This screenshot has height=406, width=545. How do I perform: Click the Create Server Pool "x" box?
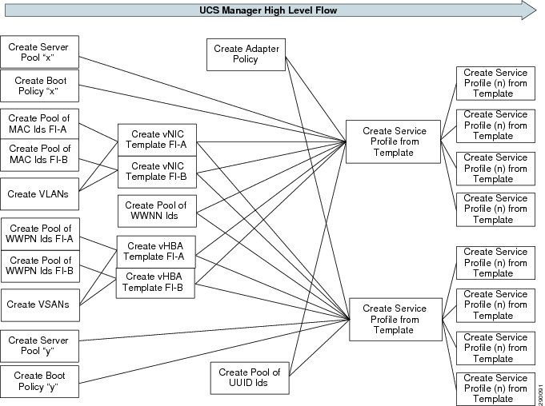[40, 52]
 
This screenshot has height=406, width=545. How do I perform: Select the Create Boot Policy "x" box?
[40, 86]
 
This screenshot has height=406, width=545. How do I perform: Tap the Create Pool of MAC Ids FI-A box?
[40, 124]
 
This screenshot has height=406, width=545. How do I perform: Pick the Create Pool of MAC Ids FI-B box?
[40, 155]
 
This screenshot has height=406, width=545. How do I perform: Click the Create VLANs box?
[40, 194]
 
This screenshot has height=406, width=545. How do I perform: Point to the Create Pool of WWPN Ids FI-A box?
[40, 234]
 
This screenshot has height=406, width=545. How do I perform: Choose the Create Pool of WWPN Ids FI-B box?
[40, 266]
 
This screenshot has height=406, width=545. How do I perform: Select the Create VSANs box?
[40, 305]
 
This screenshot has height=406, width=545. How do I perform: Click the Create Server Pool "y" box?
[40, 346]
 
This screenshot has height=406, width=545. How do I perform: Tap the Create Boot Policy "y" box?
[40, 381]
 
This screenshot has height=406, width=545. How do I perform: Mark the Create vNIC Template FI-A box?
[157, 140]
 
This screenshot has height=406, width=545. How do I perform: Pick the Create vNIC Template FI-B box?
[157, 172]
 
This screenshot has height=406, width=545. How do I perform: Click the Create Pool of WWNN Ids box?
[157, 211]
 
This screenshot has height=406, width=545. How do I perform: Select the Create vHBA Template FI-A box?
[156, 252]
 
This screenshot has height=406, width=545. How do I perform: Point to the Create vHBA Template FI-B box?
[155, 283]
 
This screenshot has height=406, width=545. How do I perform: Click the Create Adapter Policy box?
[246, 55]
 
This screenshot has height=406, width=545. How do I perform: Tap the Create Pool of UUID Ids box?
[250, 378]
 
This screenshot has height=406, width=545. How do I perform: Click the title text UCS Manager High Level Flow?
[268, 10]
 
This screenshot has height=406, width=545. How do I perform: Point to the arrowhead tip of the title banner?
[537, 10]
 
